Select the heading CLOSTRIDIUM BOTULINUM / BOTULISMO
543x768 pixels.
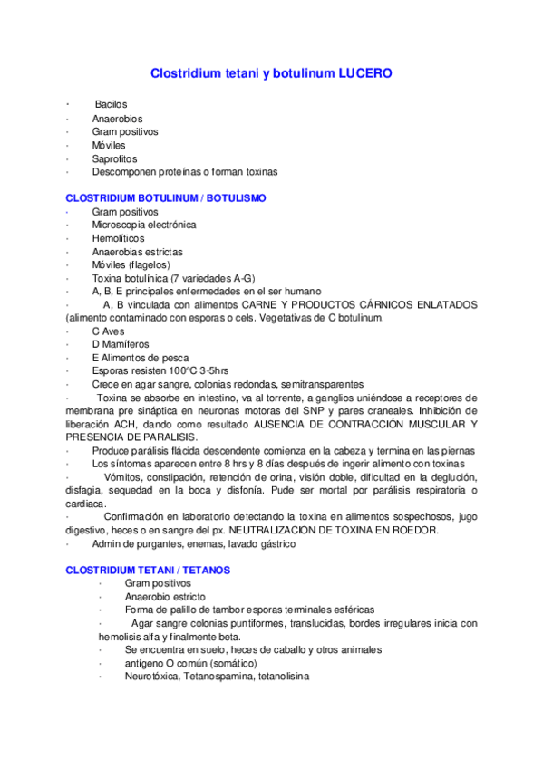click(x=166, y=197)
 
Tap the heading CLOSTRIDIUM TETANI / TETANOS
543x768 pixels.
click(x=148, y=571)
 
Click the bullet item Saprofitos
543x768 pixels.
click(x=113, y=158)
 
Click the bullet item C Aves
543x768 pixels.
click(x=108, y=331)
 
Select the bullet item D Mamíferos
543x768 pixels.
click(x=121, y=344)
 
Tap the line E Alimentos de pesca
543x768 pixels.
click(x=140, y=358)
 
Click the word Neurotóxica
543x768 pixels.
click(x=154, y=677)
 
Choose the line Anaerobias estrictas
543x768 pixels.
click(x=137, y=251)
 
